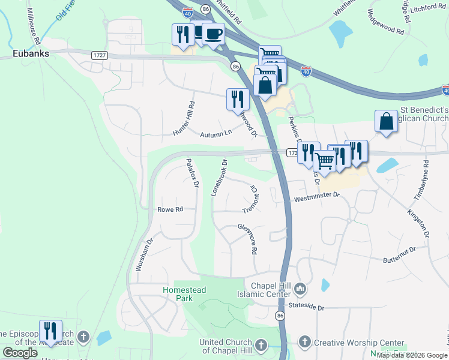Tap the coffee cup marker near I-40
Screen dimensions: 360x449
point(213,34)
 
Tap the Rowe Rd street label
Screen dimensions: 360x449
point(170,209)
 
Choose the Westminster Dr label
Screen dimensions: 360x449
point(316,196)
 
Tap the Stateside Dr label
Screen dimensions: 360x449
point(306,307)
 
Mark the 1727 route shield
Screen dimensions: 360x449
point(100,55)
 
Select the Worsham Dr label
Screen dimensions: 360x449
point(144,254)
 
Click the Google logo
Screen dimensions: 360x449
point(20,352)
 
